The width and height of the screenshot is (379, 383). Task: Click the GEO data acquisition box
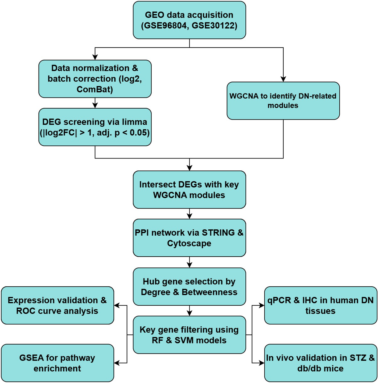tap(189, 20)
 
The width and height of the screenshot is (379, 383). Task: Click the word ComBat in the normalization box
tap(95, 89)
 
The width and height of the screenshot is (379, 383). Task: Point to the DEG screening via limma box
tap(95, 127)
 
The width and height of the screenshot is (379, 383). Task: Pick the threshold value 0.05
tap(139, 133)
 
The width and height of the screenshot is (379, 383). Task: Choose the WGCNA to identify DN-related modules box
tap(283, 101)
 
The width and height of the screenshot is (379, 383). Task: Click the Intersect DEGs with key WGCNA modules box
tap(189, 190)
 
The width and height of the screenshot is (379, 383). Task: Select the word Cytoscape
tap(189, 243)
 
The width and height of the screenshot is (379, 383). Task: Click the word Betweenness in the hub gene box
tap(209, 292)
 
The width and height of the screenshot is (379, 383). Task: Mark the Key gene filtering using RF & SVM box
tap(189, 335)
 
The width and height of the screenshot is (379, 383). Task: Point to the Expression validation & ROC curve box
tap(57, 305)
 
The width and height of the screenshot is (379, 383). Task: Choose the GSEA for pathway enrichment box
tap(57, 363)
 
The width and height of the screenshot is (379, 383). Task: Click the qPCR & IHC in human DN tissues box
tap(321, 305)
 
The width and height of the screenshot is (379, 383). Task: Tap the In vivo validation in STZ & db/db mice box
tap(321, 363)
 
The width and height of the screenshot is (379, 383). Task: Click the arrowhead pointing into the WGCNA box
tap(283, 79)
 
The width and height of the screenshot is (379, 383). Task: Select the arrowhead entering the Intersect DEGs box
tap(190, 168)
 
